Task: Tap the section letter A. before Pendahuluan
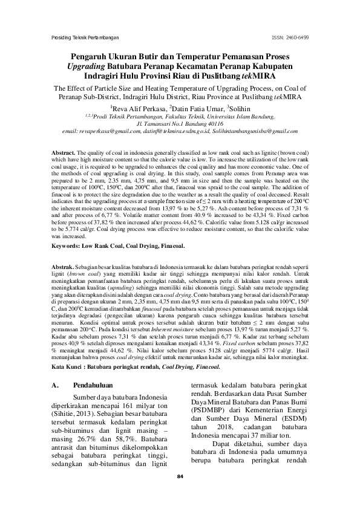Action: click(56, 385)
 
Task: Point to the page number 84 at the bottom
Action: click(180, 478)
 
